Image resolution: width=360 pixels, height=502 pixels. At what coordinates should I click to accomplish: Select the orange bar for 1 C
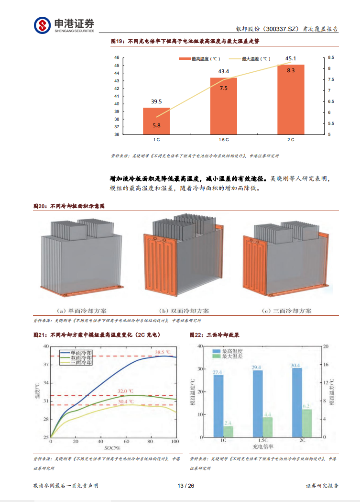tap(156, 121)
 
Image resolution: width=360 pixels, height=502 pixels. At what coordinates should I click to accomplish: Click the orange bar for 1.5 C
tap(224, 106)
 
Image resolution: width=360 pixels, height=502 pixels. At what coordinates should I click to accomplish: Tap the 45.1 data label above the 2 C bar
tap(291, 59)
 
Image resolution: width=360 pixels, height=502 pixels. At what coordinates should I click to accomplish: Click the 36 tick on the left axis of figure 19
tap(117, 134)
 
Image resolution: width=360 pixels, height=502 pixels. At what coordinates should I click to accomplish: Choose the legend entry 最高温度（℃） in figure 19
tap(199, 59)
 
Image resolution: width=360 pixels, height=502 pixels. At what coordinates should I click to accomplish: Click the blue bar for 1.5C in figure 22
tap(258, 403)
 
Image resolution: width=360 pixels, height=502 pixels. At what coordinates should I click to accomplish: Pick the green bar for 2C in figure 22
tap(306, 423)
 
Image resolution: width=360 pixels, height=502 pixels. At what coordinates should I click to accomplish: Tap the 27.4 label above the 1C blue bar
tap(218, 372)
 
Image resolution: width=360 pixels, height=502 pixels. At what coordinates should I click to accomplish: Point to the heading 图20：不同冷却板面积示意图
tap(69, 206)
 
